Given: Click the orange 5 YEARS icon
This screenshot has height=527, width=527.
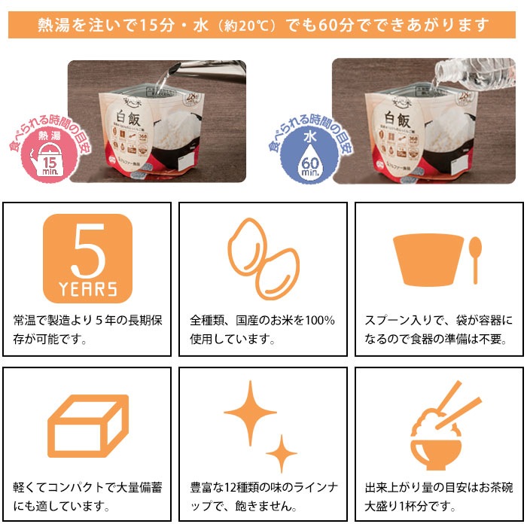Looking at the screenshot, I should (x=87, y=257).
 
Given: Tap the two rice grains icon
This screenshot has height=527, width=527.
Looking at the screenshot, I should (x=263, y=256).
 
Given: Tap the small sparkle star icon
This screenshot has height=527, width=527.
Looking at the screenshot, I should (x=282, y=453).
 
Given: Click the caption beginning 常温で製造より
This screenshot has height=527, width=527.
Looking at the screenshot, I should (x=87, y=330).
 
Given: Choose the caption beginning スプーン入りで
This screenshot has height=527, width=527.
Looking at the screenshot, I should (x=438, y=330).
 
